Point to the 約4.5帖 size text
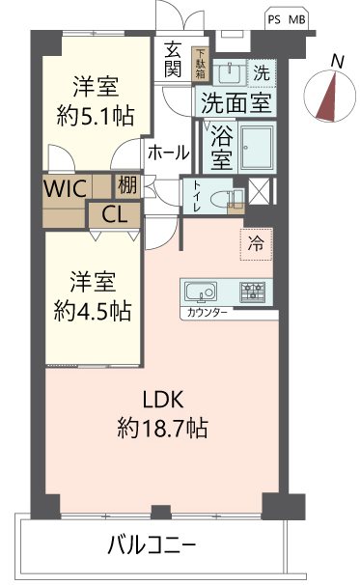(x=94, y=311)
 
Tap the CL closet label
(x=114, y=214)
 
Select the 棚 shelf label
(x=126, y=184)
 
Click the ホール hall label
(x=168, y=152)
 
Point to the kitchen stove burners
(x=253, y=291)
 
